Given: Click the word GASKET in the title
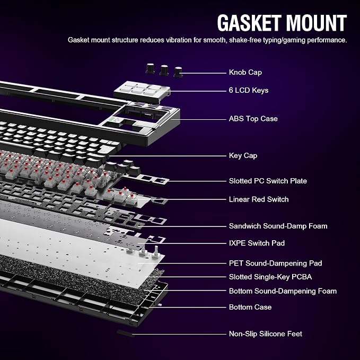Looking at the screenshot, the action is (x=249, y=23).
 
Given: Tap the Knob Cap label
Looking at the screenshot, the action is (x=245, y=72).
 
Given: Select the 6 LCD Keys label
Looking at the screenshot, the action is (x=249, y=90).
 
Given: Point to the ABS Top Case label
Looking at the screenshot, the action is (x=253, y=119).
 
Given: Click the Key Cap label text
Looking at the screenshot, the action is (x=243, y=156).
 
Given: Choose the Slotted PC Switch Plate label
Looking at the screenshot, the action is (x=268, y=181).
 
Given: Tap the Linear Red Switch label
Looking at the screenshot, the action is (x=259, y=199).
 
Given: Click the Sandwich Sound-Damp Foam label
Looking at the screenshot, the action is (x=278, y=226).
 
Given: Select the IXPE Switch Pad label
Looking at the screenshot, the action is (x=257, y=243).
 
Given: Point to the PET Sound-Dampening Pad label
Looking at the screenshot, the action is (x=275, y=263).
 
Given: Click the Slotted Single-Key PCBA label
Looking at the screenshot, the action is (x=270, y=277).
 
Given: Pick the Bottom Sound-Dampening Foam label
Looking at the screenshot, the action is (x=283, y=291).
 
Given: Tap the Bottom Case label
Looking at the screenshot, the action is (x=250, y=307).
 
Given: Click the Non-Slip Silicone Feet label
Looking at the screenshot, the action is (x=266, y=334).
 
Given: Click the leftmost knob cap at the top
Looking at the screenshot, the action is (x=151, y=68).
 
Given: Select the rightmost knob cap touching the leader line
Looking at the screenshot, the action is (x=178, y=72).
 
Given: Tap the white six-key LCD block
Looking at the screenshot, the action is (x=142, y=92).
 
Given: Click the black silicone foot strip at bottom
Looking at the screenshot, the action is (x=125, y=332).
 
